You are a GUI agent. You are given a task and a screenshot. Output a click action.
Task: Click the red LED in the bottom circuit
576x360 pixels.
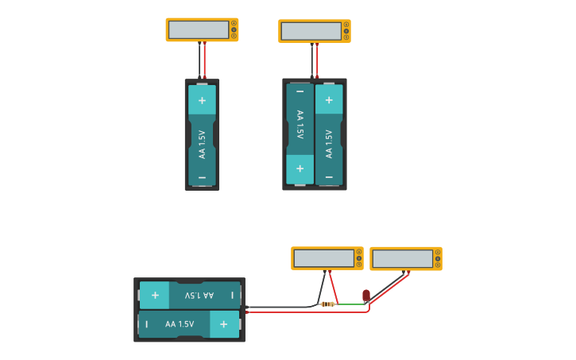point(365,296)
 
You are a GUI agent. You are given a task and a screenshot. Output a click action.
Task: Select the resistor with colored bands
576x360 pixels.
point(327,304)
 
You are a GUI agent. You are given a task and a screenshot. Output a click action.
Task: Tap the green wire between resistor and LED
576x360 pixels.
point(350,304)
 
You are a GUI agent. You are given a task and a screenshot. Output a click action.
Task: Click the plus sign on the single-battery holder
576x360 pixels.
point(202,100)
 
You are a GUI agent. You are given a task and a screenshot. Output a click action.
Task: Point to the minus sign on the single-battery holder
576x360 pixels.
point(202,177)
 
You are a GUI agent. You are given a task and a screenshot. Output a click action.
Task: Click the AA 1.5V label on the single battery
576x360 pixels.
point(202,145)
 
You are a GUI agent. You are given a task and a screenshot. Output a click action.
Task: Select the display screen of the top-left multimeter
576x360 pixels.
point(198,29)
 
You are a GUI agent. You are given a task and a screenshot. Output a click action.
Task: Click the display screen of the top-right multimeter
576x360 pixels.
point(311,31)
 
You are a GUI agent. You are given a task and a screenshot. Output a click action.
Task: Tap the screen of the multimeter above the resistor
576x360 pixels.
point(323,258)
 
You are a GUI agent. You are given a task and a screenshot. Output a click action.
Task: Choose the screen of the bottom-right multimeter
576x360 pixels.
point(402,259)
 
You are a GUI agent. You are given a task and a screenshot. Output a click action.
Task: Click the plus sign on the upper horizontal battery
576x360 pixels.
point(154,295)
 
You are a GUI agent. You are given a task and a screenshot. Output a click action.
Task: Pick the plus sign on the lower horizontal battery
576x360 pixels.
point(224,324)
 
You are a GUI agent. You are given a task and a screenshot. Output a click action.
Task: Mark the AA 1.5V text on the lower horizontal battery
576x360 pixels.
point(180,324)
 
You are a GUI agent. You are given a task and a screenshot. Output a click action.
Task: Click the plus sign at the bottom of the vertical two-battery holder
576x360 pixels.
point(300,168)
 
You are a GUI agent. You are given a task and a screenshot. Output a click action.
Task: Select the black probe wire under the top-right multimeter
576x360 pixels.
point(312,60)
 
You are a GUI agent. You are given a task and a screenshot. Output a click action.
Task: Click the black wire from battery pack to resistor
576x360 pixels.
point(286,307)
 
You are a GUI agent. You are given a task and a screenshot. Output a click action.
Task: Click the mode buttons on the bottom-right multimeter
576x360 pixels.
point(438,258)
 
